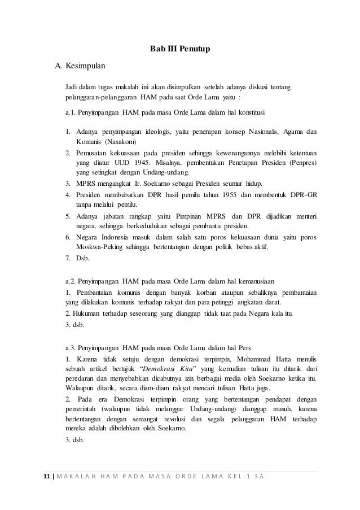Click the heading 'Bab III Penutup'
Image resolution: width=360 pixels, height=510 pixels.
click(x=179, y=50)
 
